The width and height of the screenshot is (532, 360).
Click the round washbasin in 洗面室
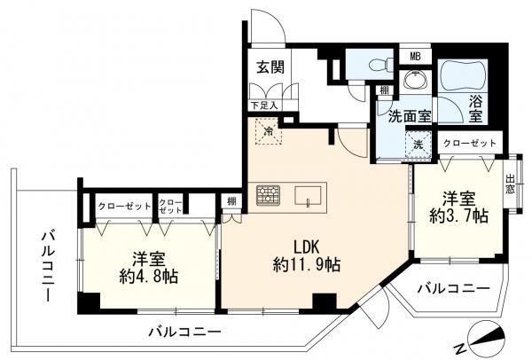(x=413, y=83)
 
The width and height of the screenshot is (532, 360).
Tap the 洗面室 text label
(x=407, y=115)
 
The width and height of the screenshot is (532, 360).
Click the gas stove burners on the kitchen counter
(x=267, y=195)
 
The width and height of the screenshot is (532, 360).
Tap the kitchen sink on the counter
(x=309, y=195)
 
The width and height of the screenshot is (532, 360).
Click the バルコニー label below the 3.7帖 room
(x=453, y=289)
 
